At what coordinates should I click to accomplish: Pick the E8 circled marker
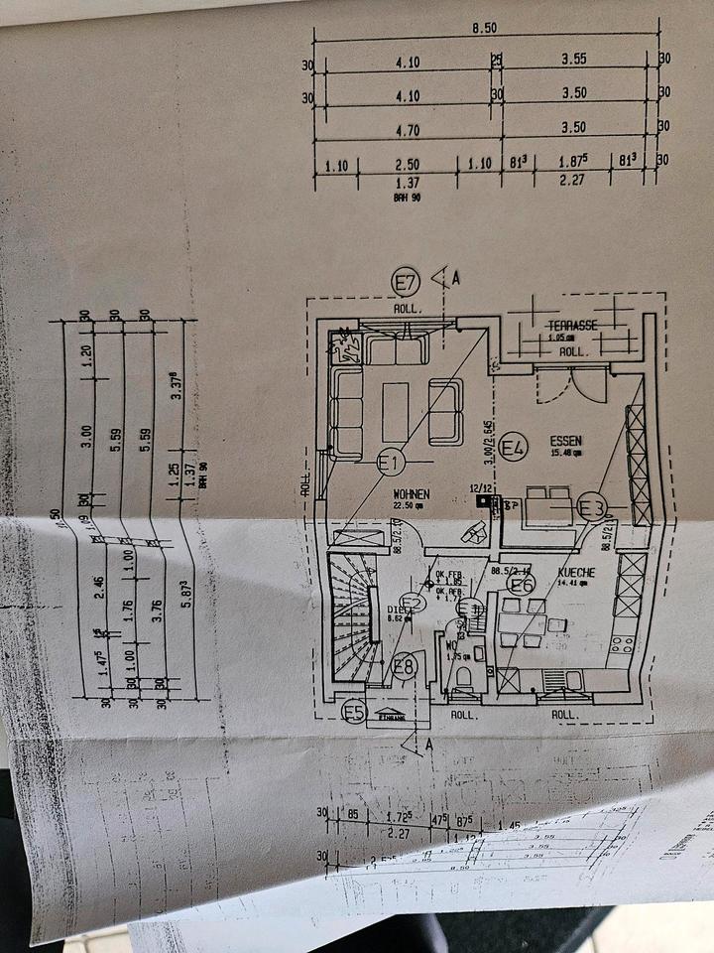click(404, 666)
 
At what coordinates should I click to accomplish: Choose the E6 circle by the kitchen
click(523, 583)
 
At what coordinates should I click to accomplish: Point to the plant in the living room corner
click(347, 345)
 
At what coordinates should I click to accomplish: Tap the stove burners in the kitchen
click(622, 646)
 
